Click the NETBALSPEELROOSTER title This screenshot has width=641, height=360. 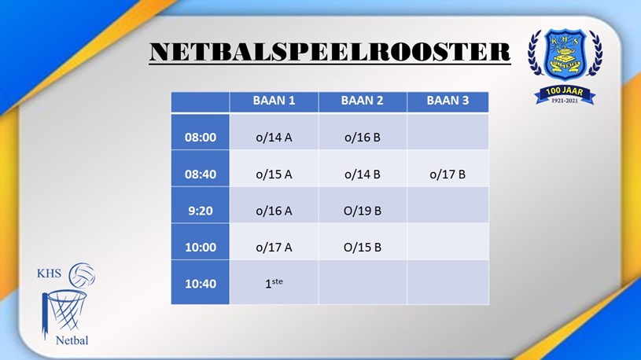pyautogui.click(x=330, y=52)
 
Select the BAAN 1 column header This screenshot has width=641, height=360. pyautogui.click(x=274, y=101)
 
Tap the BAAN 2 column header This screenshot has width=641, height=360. pyautogui.click(x=363, y=101)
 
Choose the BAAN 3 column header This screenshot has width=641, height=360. pyautogui.click(x=448, y=101)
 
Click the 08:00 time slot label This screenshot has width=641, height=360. pyautogui.click(x=201, y=138)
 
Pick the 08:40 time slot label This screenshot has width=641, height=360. pyautogui.click(x=201, y=174)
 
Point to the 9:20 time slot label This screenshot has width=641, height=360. pyautogui.click(x=201, y=211)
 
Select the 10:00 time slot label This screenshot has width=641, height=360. pyautogui.click(x=201, y=248)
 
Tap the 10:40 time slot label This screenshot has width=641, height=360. pyautogui.click(x=201, y=284)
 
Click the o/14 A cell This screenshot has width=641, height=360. pyautogui.click(x=274, y=138)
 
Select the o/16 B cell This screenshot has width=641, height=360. pyautogui.click(x=363, y=138)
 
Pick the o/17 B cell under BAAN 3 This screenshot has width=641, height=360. pyautogui.click(x=448, y=174)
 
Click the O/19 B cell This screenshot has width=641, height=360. pyautogui.click(x=363, y=211)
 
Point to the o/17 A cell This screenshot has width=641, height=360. pyautogui.click(x=274, y=248)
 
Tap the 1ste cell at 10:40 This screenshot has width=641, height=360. pyautogui.click(x=274, y=283)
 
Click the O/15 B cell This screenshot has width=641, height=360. pyautogui.click(x=363, y=248)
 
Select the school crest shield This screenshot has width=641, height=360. pyautogui.click(x=565, y=54)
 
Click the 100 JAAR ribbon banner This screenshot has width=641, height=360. pyautogui.click(x=565, y=95)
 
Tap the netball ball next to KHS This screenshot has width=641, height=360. pyautogui.click(x=82, y=275)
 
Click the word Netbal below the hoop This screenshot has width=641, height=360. pyautogui.click(x=72, y=340)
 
